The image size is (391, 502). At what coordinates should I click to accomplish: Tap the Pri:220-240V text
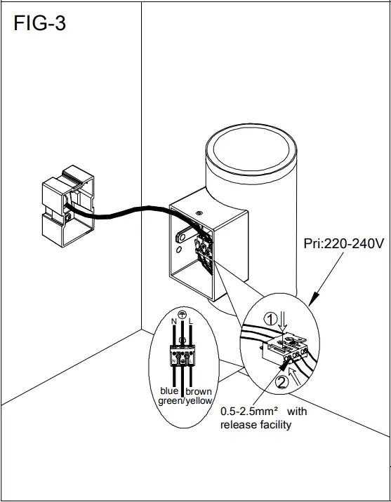(x=343, y=246)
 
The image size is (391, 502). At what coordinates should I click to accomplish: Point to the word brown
(x=198, y=391)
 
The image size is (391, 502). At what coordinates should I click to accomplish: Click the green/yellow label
(x=184, y=401)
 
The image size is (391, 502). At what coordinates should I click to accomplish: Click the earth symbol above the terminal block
(x=182, y=316)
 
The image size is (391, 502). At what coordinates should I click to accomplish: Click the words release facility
(x=256, y=425)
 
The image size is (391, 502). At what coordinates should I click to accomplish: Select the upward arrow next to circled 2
(x=293, y=379)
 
